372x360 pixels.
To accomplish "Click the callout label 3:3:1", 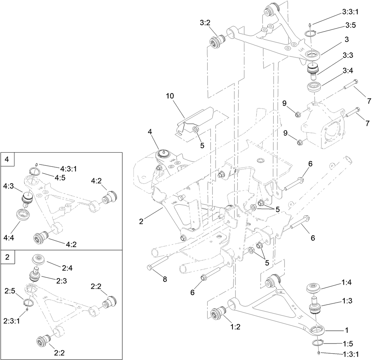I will coord(350,12).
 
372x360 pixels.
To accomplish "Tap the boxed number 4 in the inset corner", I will coord(7,159).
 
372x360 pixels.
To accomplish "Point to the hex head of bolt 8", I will coord(149,268).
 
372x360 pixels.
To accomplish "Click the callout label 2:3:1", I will coord(12,321).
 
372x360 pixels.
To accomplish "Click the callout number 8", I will coord(165,279).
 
